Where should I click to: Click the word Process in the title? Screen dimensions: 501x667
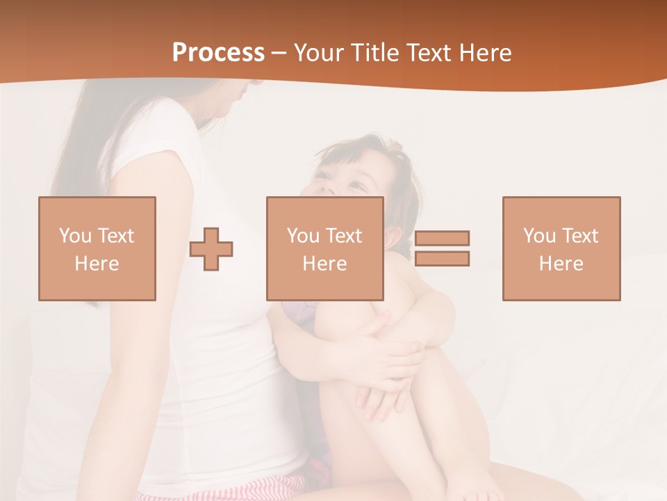pyautogui.click(x=218, y=53)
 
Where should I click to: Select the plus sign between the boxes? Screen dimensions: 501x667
pyautogui.click(x=211, y=249)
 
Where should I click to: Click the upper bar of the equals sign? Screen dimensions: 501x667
pyautogui.click(x=442, y=238)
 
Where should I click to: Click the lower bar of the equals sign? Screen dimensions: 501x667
pyautogui.click(x=442, y=259)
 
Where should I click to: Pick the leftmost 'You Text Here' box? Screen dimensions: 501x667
pyautogui.click(x=97, y=248)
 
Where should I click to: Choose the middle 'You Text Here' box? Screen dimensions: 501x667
pyautogui.click(x=325, y=248)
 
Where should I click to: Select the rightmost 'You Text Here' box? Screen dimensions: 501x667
pyautogui.click(x=561, y=248)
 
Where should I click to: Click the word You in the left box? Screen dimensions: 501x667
pyautogui.click(x=75, y=236)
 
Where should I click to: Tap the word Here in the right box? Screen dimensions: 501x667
pyautogui.click(x=561, y=264)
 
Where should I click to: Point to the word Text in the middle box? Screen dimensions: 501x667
pyautogui.click(x=343, y=236)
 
